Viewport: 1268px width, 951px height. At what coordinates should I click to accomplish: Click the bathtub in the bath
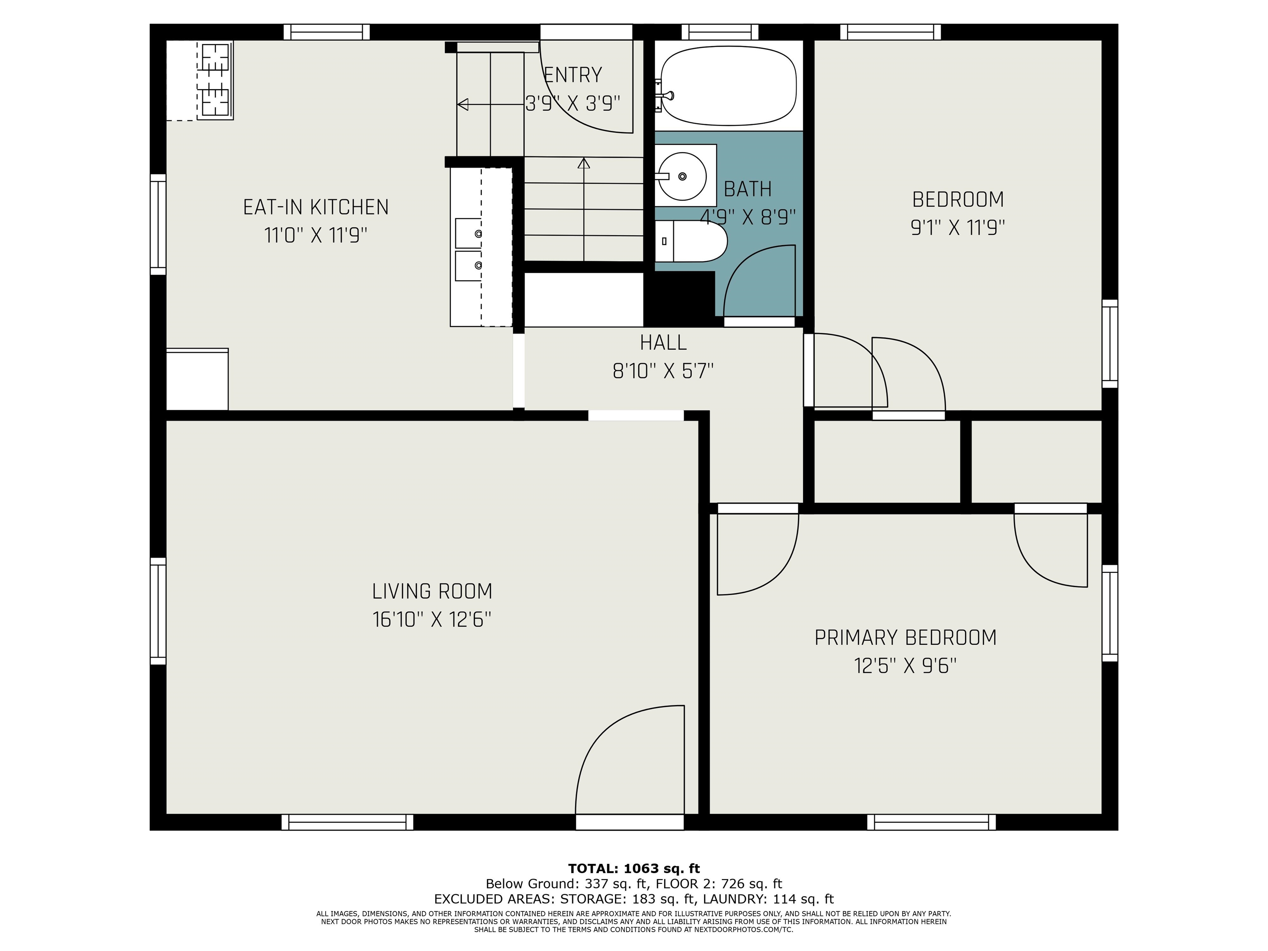click(x=728, y=86)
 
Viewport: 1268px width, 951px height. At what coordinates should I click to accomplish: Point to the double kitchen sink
click(x=468, y=249)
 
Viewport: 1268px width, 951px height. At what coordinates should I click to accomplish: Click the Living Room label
click(x=432, y=591)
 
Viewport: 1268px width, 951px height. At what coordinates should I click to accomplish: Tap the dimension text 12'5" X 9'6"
click(x=905, y=666)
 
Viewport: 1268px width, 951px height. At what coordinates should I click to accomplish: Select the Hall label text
click(x=663, y=343)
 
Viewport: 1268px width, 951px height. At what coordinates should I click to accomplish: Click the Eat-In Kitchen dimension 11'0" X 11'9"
click(x=316, y=235)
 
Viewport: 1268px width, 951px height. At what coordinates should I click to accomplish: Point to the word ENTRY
click(x=572, y=75)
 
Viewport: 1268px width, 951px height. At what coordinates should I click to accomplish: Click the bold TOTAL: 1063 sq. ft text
click(x=634, y=868)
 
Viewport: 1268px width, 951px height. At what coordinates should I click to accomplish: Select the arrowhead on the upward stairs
click(x=584, y=163)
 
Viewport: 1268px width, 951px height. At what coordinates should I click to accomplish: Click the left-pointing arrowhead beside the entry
click(x=462, y=104)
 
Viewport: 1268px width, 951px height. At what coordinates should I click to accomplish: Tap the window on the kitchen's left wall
click(x=158, y=225)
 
